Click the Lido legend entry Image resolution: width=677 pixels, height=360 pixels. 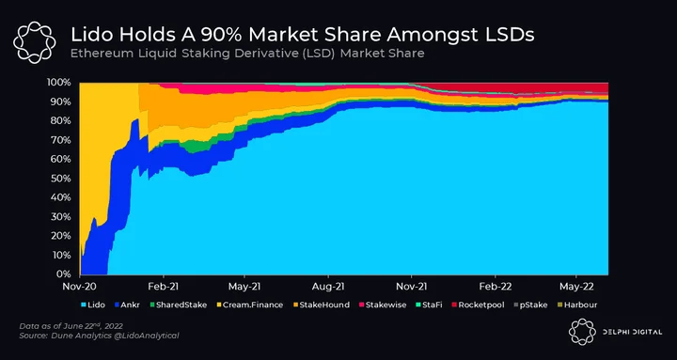click(x=93, y=305)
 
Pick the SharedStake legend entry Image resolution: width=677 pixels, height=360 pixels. click(x=178, y=305)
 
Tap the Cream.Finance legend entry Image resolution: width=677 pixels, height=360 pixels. click(x=249, y=305)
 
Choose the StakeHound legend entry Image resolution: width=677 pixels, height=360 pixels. click(x=321, y=305)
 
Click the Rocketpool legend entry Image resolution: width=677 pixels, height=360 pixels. click(x=477, y=305)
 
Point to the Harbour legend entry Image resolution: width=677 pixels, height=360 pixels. click(x=576, y=305)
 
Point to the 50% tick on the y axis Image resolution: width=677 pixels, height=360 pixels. click(x=62, y=179)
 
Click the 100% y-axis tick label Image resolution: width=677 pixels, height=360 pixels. click(x=59, y=82)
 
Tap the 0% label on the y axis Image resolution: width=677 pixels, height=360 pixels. click(x=64, y=274)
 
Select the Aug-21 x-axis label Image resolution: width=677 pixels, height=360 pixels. click(x=328, y=286)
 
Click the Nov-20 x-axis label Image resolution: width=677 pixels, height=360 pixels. click(x=79, y=286)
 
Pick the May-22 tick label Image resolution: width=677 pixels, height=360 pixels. click(x=577, y=286)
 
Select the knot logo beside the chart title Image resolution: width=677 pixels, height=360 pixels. click(x=34, y=42)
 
